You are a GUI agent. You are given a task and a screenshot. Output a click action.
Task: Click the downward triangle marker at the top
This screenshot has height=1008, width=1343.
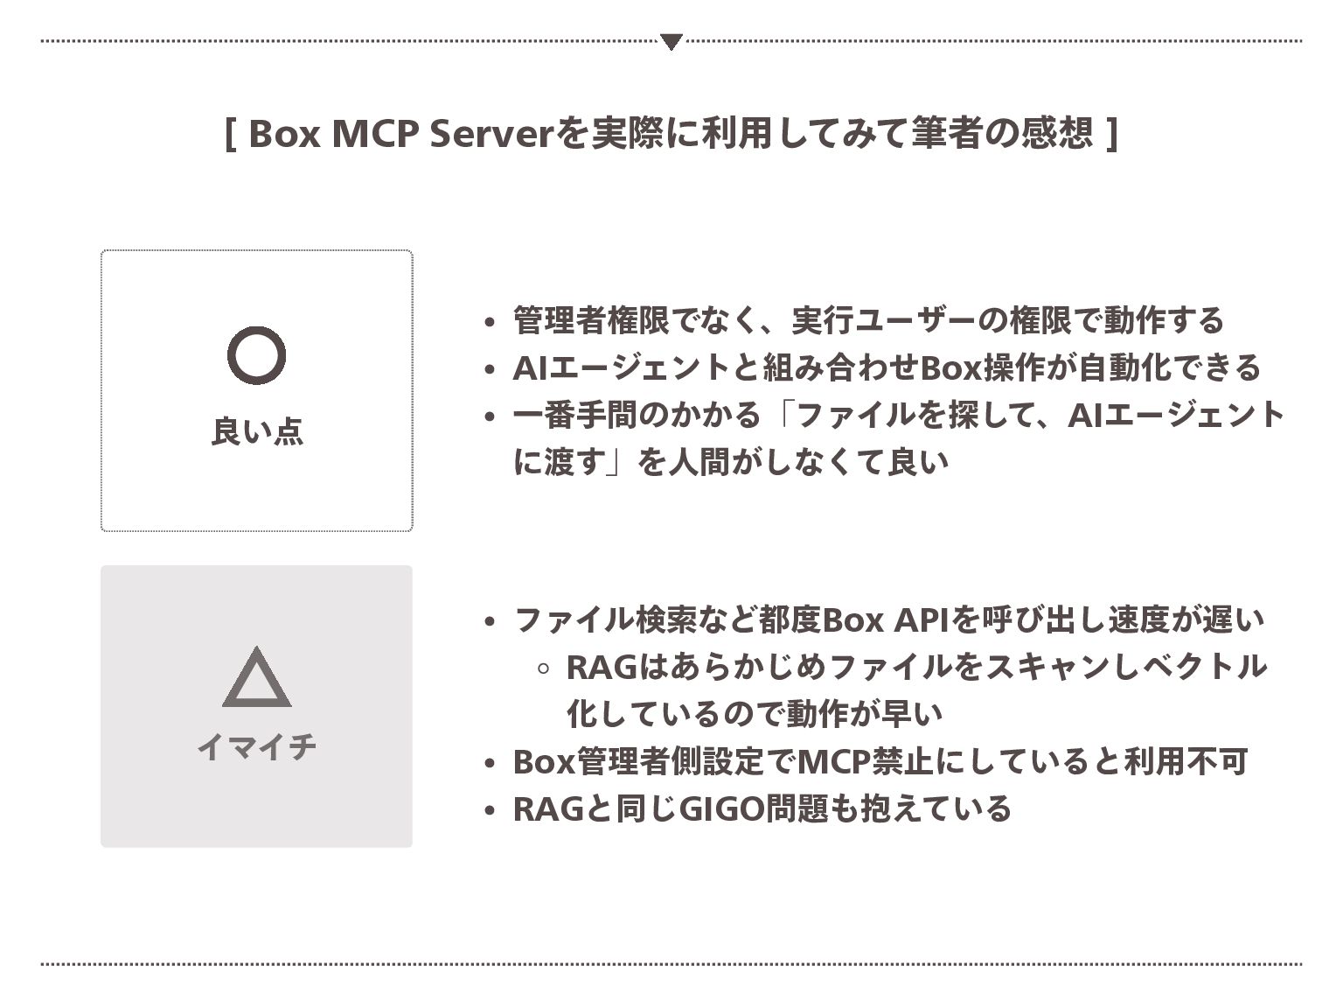(671, 41)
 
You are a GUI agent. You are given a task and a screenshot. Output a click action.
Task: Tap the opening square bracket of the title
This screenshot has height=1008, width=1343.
(230, 134)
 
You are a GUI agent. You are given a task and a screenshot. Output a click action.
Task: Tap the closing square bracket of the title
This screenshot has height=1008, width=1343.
(1112, 134)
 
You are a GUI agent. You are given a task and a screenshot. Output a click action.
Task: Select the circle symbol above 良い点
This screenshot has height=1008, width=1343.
(256, 355)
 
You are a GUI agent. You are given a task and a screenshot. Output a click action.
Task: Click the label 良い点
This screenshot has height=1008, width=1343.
(256, 431)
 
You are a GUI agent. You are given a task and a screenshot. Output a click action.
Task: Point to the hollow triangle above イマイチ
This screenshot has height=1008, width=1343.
(256, 678)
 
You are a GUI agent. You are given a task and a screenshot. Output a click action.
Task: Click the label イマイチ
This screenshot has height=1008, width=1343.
(256, 747)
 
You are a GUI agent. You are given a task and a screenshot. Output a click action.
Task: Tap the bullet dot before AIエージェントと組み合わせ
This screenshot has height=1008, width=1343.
(490, 369)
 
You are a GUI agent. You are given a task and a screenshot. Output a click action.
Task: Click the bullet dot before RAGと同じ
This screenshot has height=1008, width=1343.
(490, 811)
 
